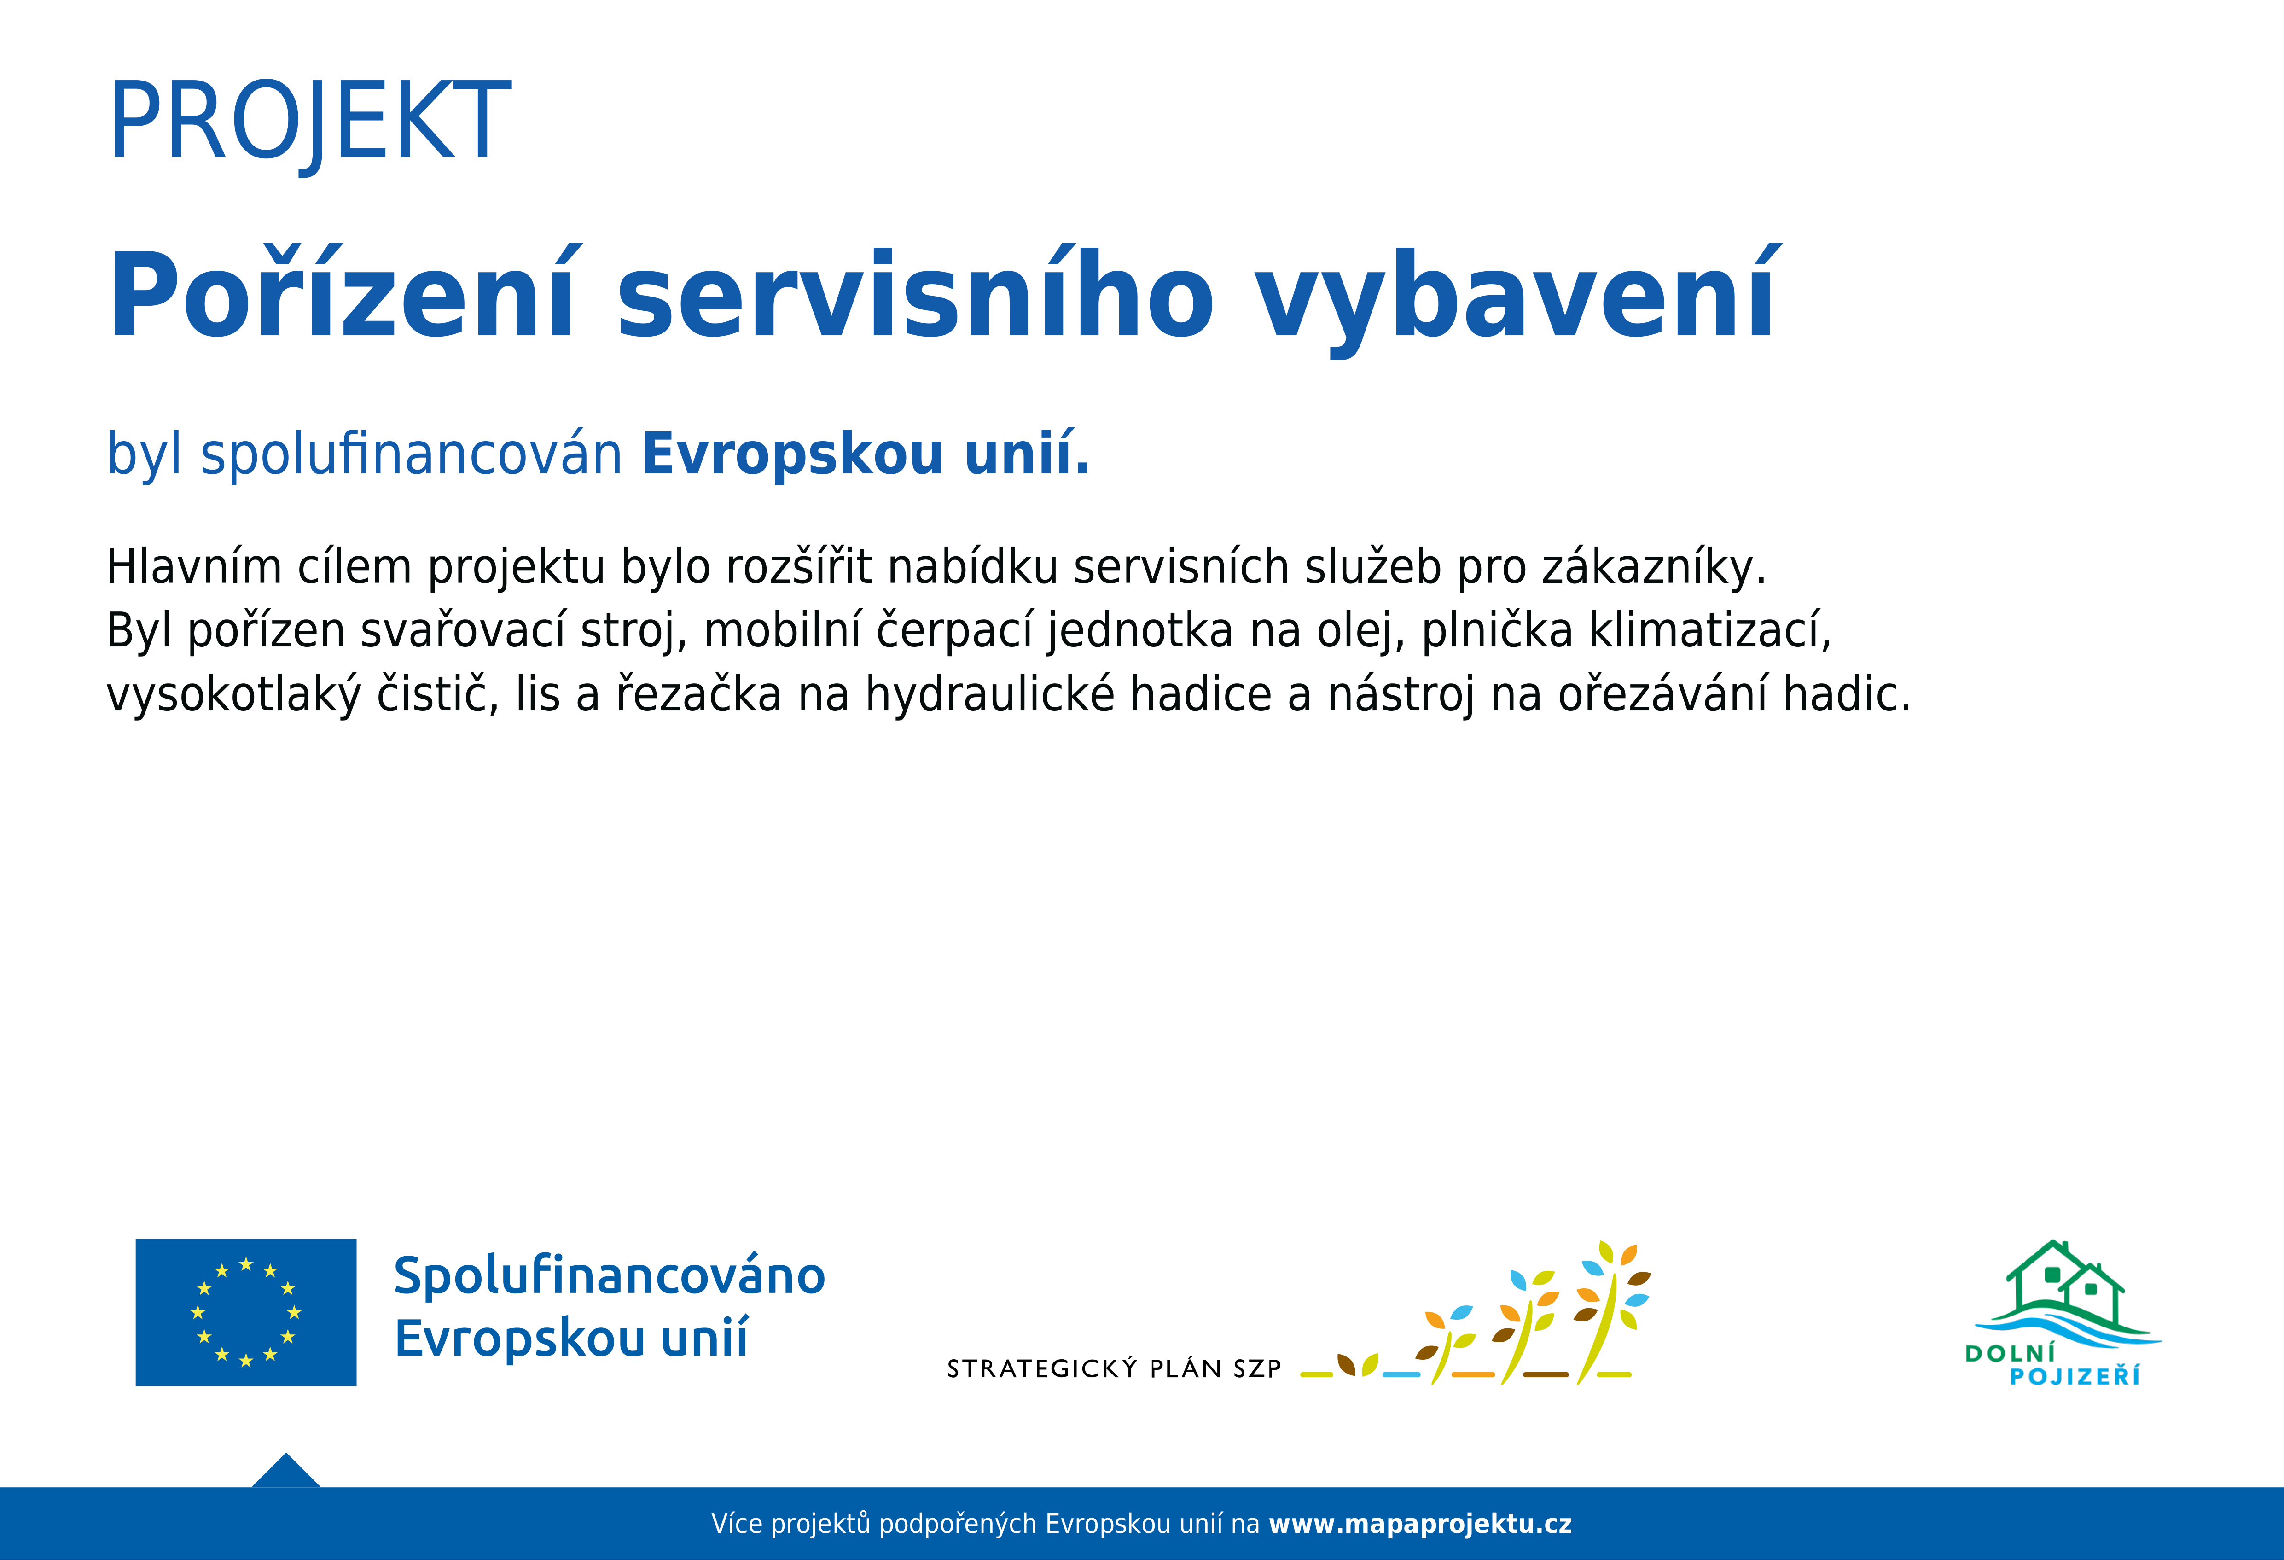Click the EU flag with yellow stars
click(x=246, y=1312)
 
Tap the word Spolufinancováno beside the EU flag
click(x=610, y=1276)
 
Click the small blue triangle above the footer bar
click(x=286, y=1473)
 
